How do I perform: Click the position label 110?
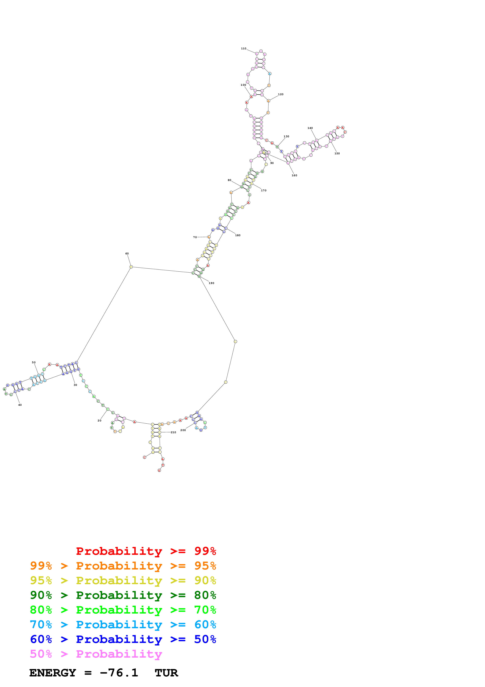point(244,49)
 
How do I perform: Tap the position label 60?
point(127,253)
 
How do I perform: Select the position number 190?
point(211,283)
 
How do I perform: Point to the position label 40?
point(20,405)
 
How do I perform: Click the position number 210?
point(173,432)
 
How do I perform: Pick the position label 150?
point(337,154)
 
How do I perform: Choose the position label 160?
point(294,175)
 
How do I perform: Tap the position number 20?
point(100,420)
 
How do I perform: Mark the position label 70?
point(195,237)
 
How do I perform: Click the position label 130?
point(286,136)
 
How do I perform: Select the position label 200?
point(183,430)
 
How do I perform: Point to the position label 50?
point(34,362)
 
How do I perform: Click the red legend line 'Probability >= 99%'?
point(146,551)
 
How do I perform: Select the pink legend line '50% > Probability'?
point(96,654)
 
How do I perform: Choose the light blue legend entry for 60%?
point(123,625)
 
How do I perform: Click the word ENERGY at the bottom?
point(53,673)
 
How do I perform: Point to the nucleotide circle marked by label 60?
point(131,267)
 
